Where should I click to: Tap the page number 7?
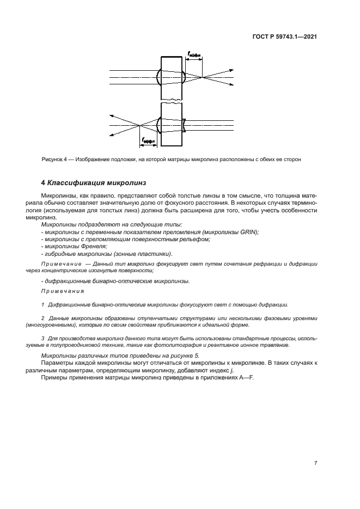click(316, 463)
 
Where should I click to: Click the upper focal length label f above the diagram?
click(194, 54)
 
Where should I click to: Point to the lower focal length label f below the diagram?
click(148, 141)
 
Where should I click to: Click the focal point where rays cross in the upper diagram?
click(203, 77)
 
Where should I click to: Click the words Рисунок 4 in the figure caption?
click(54, 160)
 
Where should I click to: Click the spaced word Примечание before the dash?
click(59, 263)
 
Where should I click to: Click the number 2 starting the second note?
click(43, 317)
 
